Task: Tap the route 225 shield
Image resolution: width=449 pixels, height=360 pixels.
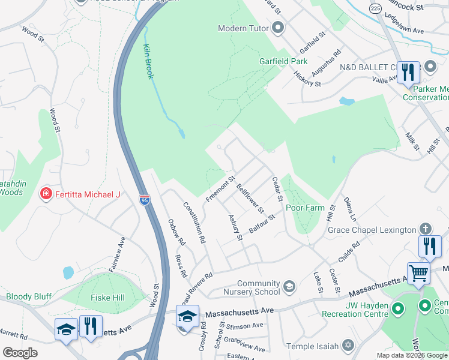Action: [376, 8]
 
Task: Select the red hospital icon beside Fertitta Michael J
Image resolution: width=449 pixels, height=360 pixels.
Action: [45, 194]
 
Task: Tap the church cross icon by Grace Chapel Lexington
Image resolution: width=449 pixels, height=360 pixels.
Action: [425, 229]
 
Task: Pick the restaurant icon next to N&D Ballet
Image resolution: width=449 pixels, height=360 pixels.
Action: [408, 73]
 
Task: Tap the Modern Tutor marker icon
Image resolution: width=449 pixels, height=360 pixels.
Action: [277, 28]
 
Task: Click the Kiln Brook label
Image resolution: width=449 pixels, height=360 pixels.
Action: [149, 61]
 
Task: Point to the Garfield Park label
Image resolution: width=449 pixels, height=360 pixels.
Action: [283, 61]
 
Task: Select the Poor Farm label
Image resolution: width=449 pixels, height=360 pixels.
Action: [305, 208]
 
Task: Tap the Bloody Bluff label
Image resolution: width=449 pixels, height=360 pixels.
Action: [29, 296]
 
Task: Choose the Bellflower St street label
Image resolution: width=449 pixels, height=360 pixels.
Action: [250, 199]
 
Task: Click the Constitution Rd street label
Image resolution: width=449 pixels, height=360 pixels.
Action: [194, 223]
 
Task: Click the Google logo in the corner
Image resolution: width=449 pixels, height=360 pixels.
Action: [20, 353]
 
